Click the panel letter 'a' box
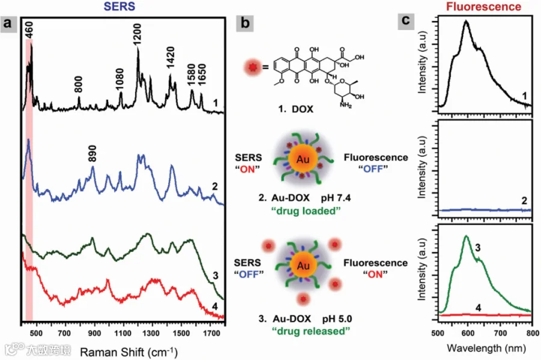click(8, 24)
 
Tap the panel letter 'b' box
click(245, 23)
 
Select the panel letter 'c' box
click(406, 20)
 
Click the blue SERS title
click(120, 7)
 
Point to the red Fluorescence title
click(483, 7)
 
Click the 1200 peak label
click(137, 34)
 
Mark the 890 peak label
click(92, 153)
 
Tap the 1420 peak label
click(171, 58)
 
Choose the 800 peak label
click(79, 85)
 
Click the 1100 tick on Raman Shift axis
click(123, 333)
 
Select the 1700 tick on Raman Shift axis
click(211, 333)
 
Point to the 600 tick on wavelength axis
click(468, 333)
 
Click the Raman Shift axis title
click(129, 352)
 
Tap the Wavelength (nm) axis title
click(486, 348)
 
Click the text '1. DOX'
click(296, 109)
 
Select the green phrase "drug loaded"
click(306, 211)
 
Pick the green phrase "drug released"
click(311, 331)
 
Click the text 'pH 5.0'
click(337, 319)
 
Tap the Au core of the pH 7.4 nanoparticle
click(303, 159)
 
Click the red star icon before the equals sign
click(253, 67)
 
